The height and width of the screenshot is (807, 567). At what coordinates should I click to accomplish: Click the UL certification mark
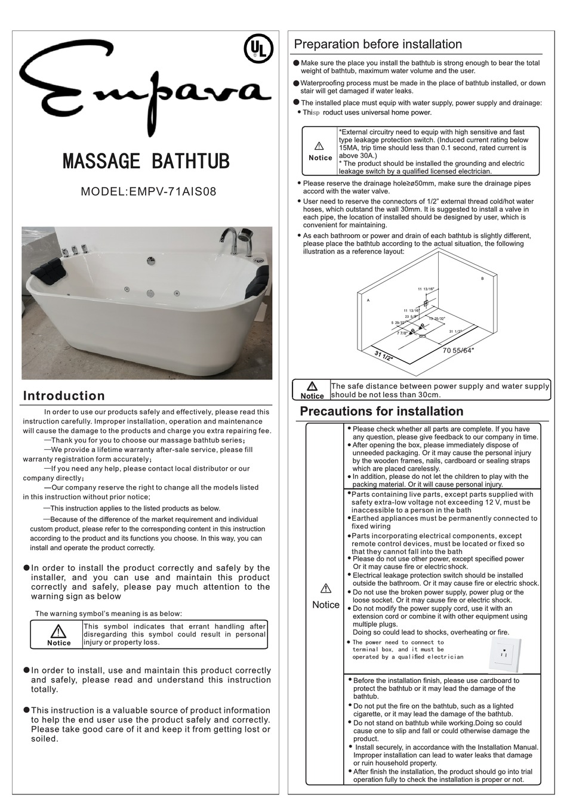[x=258, y=48]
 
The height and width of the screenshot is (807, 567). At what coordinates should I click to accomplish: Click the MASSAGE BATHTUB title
[x=146, y=161]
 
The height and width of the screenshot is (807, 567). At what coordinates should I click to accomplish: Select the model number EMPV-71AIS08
[x=171, y=192]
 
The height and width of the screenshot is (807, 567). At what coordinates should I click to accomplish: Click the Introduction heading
[x=64, y=396]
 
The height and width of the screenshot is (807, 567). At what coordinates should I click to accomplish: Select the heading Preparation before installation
[x=378, y=45]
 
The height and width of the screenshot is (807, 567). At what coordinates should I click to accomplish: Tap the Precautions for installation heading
[x=381, y=412]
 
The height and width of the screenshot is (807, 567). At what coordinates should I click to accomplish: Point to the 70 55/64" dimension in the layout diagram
[x=458, y=351]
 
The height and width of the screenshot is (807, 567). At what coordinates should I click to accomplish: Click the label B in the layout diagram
[x=482, y=279]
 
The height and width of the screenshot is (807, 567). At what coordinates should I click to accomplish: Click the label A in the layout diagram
[x=368, y=300]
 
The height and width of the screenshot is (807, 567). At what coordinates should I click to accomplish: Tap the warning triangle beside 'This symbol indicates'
[x=58, y=631]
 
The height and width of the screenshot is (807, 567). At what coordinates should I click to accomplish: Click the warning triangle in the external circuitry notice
[x=319, y=146]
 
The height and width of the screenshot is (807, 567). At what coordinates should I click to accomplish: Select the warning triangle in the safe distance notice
[x=312, y=386]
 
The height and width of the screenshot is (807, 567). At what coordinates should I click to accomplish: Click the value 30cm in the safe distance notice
[x=427, y=395]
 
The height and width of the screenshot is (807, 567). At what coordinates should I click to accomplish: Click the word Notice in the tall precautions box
[x=326, y=605]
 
